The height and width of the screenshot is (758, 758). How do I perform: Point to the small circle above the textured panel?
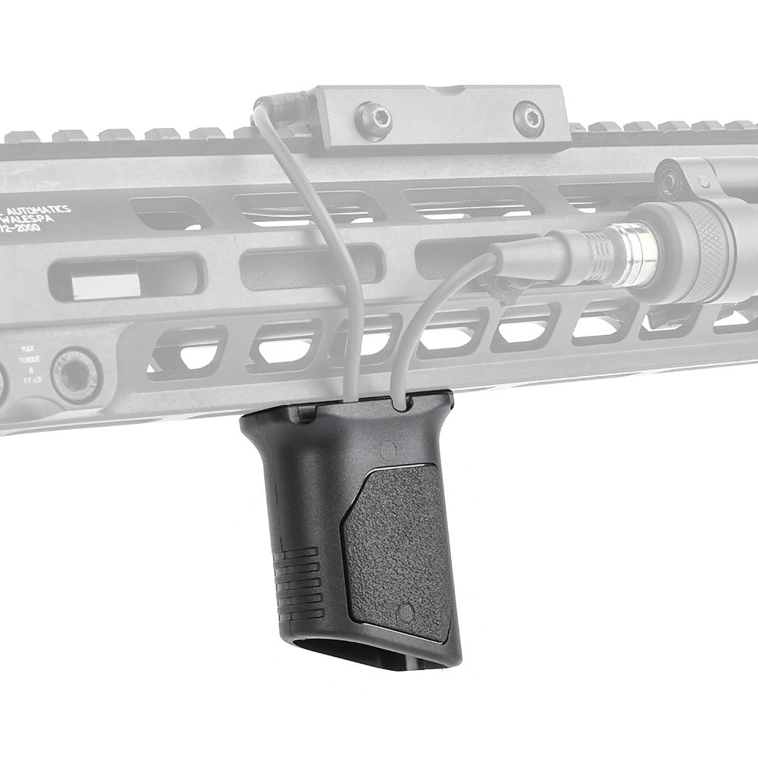coord(387,449)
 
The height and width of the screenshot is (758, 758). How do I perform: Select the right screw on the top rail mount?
coord(528,118)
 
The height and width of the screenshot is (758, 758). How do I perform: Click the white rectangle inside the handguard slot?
coord(106,284)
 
